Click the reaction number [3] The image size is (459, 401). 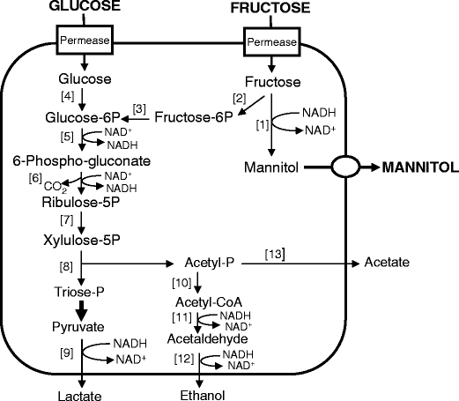coord(140,108)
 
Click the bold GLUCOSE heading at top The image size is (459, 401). coord(70,6)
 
